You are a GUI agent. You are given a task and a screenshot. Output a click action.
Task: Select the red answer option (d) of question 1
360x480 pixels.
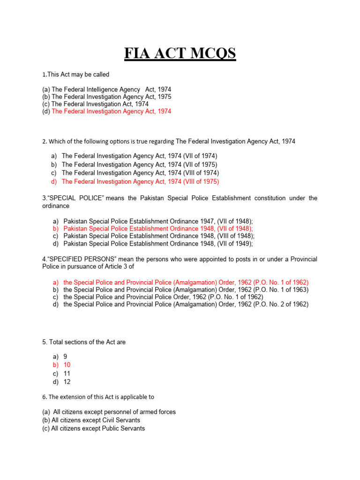[111, 112]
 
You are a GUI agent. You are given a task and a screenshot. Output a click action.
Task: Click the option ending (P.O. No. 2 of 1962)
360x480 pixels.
[186, 304]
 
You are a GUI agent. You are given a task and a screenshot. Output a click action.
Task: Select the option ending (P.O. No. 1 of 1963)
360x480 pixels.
[186, 290]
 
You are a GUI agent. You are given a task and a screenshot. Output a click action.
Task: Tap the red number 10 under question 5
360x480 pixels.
[67, 365]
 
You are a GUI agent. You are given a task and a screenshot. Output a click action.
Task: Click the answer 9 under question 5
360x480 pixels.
[65, 357]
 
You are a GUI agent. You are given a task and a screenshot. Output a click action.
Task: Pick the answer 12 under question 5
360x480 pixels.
[67, 382]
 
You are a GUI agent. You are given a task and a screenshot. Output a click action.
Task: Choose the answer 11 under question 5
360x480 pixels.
[67, 374]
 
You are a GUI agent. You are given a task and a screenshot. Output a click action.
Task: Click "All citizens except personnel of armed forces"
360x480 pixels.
[114, 412]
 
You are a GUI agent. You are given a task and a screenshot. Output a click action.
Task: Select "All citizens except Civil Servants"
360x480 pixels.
[96, 420]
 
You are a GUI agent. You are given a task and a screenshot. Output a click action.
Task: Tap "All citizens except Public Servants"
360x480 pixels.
[98, 428]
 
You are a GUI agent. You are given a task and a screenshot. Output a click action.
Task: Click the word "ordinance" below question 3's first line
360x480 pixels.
[56, 206]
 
